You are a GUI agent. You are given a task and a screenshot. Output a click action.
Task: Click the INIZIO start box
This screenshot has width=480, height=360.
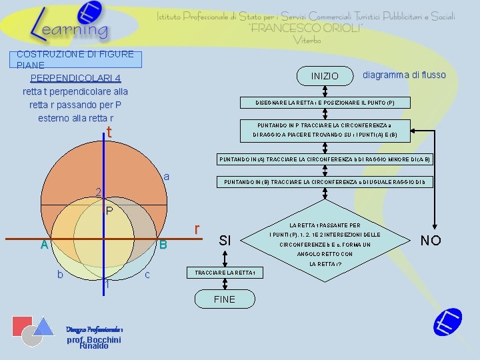click(325, 77)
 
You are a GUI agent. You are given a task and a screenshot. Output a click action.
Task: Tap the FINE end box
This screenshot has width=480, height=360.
click(225, 299)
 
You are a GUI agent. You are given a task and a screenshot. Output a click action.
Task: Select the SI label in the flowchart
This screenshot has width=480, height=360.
click(225, 240)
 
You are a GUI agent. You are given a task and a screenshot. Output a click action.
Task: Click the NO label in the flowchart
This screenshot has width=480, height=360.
click(431, 240)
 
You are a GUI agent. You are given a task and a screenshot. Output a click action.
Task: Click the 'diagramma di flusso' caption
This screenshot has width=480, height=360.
click(404, 75)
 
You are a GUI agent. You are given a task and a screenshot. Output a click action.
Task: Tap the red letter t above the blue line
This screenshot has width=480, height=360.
click(109, 133)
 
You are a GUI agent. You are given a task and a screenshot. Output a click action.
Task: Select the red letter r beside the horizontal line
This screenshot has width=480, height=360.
click(197, 229)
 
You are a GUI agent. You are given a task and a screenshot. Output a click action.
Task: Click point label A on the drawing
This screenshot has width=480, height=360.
click(44, 245)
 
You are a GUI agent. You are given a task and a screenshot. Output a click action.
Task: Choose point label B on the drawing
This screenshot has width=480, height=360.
click(163, 245)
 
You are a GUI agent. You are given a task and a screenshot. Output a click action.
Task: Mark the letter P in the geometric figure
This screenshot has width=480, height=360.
click(110, 212)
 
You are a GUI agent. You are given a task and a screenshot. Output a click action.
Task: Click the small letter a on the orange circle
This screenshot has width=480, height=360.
click(167, 177)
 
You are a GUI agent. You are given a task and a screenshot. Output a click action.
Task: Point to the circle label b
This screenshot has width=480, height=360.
click(60, 274)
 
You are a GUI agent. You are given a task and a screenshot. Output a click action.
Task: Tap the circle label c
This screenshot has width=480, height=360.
click(147, 274)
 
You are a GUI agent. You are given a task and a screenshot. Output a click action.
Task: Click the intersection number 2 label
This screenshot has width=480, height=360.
click(98, 193)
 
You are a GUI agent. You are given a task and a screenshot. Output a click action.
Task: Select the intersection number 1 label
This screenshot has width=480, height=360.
click(107, 284)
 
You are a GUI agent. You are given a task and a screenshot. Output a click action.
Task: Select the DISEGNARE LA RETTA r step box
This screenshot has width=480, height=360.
click(325, 103)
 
